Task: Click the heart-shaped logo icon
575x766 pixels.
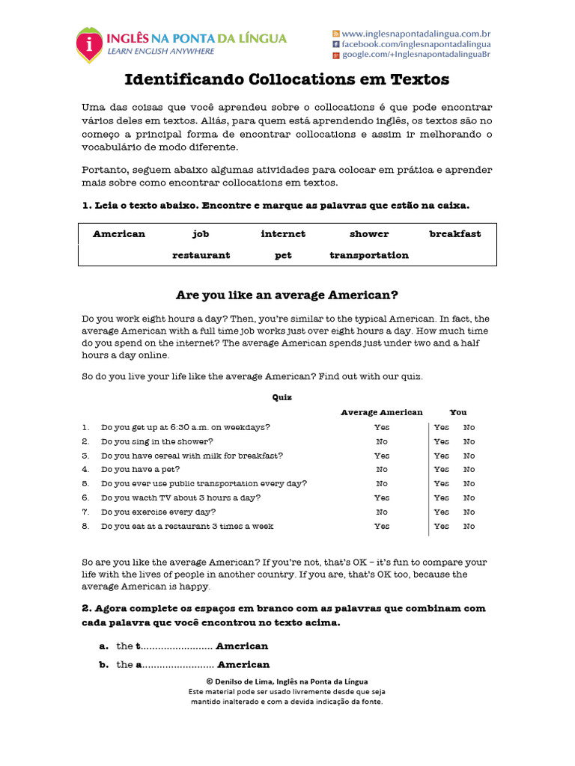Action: [90, 44]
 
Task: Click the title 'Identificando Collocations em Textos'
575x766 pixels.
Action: [287, 79]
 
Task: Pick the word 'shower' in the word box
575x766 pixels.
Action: [369, 234]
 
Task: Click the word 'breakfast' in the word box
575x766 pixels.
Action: [455, 234]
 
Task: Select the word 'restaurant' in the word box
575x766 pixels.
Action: [201, 255]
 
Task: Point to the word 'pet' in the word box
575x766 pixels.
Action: [283, 255]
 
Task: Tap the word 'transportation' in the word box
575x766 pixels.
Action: [369, 255]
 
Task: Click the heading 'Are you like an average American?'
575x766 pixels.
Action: [287, 295]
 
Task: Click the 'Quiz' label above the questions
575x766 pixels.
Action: [282, 398]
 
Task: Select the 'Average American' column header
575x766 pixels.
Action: [382, 412]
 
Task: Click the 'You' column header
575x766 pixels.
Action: [457, 412]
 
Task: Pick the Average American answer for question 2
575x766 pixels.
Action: [382, 441]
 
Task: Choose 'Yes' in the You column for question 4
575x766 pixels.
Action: [442, 470]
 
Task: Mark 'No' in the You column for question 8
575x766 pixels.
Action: [469, 527]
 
